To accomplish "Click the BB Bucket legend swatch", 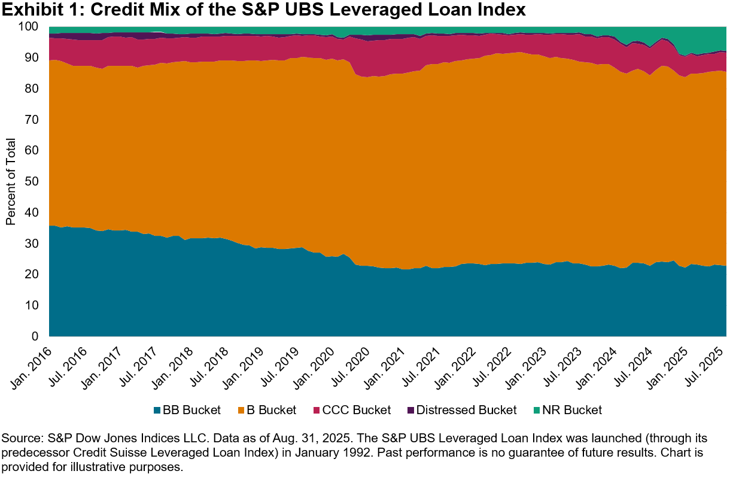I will tap(157, 410).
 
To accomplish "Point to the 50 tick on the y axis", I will tap(32, 181).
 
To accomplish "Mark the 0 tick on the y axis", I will tap(35, 336).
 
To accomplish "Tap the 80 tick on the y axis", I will tap(32, 89).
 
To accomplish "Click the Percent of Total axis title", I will tap(11, 181).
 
